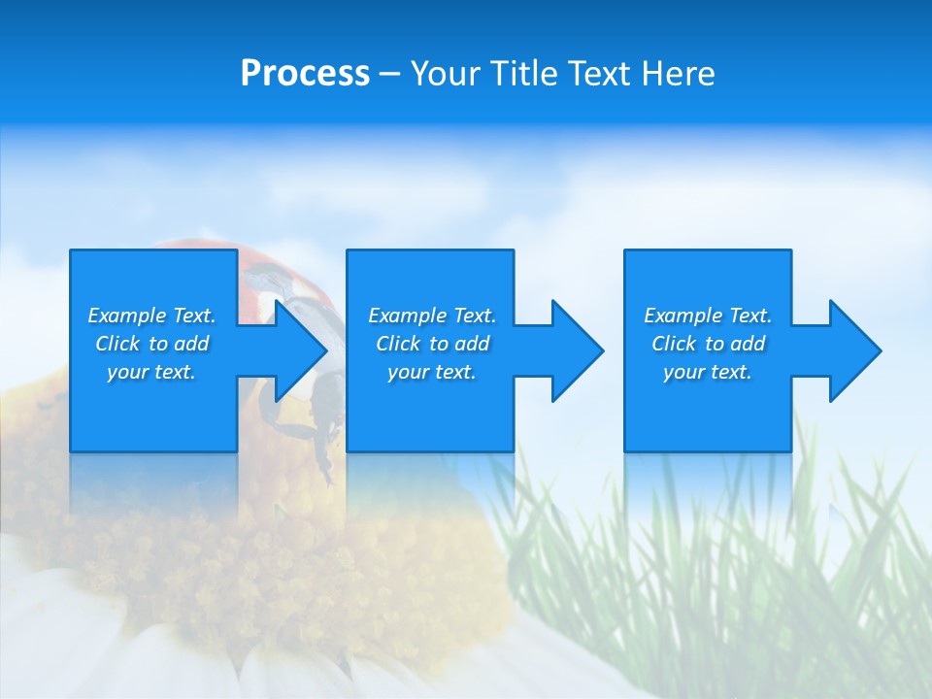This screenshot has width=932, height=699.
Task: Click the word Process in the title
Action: [x=305, y=74]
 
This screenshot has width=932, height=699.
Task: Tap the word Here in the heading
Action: [x=677, y=74]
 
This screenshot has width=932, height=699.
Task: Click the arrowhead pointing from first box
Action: [x=301, y=350]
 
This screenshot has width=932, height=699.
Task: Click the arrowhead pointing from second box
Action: [x=578, y=350]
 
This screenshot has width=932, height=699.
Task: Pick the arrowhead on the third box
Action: [x=855, y=350]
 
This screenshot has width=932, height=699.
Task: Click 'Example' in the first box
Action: [x=126, y=316]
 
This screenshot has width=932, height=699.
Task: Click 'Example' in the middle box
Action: [x=407, y=316]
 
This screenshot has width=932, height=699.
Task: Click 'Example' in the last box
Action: [x=682, y=316]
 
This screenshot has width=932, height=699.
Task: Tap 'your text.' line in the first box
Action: [x=151, y=372]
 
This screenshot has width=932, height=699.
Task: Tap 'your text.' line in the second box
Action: [x=432, y=372]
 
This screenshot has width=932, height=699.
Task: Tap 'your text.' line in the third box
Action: [x=708, y=372]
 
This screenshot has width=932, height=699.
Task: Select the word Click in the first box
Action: [x=117, y=344]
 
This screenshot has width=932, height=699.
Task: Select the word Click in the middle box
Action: [x=398, y=344]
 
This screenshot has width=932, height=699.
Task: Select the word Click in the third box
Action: [x=674, y=344]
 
